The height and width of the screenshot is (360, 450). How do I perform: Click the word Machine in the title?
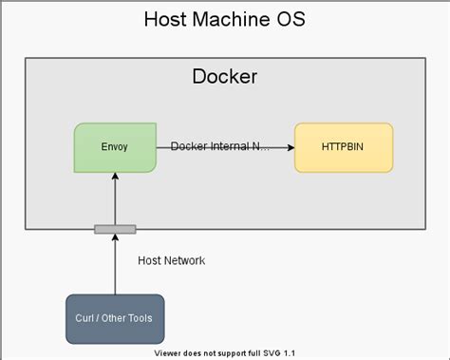coord(225,19)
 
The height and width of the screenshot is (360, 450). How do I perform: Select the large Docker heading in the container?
coord(224,77)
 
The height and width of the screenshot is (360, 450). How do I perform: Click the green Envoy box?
coord(115,147)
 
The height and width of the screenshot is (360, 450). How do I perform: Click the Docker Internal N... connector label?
coord(220,147)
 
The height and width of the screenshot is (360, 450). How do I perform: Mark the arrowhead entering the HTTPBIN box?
coord(290,147)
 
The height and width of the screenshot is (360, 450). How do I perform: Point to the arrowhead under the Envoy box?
coord(115,178)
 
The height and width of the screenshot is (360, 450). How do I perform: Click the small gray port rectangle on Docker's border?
coord(115,229)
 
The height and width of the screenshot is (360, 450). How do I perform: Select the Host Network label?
coord(170,260)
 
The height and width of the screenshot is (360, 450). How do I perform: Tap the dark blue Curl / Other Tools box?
coord(115,317)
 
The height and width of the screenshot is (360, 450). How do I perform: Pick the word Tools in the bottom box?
coord(141,317)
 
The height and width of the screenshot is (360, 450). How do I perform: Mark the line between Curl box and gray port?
coord(115,266)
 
